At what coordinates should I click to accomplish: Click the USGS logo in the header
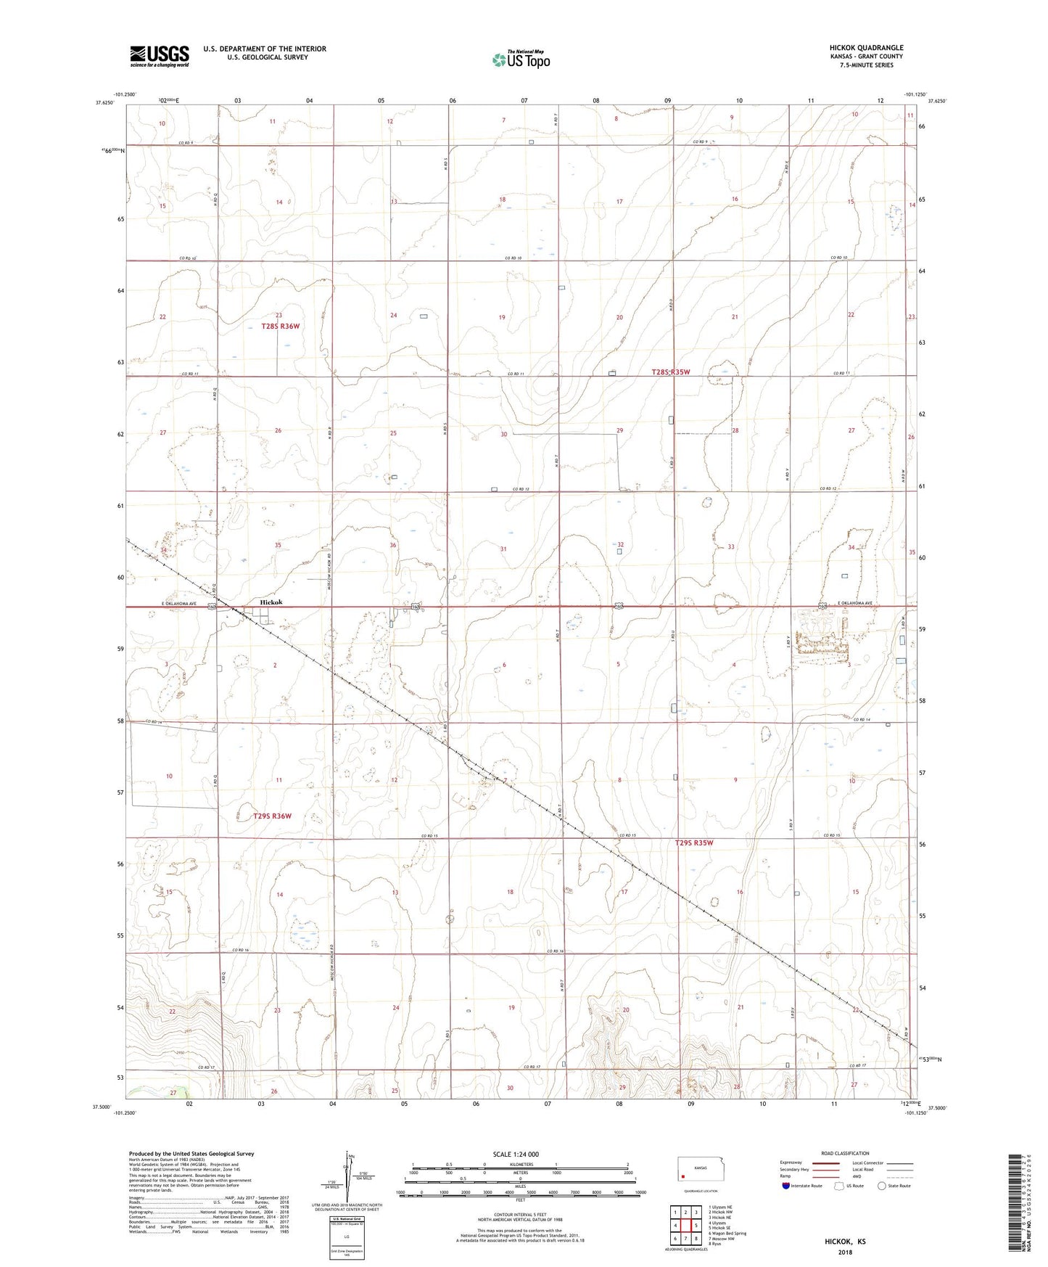pos(159,56)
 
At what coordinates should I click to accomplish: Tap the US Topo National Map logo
pos(521,59)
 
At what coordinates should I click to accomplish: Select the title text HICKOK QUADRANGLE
pos(866,48)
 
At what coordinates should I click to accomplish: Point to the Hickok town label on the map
pos(267,603)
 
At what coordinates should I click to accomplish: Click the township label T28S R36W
pos(280,327)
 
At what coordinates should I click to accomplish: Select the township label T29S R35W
pos(694,843)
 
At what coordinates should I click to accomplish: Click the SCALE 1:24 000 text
pos(516,1155)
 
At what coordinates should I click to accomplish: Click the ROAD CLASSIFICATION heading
pos(845,1153)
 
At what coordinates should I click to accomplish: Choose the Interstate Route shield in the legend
pos(786,1186)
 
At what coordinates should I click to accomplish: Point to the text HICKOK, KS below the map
pos(844,1242)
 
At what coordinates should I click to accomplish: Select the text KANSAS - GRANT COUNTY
pos(867,57)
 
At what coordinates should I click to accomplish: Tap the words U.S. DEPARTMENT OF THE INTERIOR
pos(264,49)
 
